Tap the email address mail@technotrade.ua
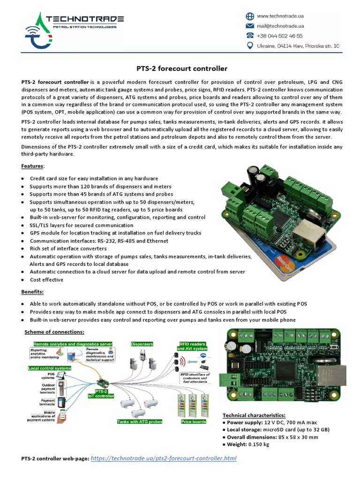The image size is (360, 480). click(x=280, y=26)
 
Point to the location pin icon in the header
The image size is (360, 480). click(x=250, y=45)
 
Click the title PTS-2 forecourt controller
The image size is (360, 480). click(x=182, y=68)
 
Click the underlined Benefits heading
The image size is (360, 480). click(x=32, y=292)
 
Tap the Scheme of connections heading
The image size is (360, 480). click(x=54, y=332)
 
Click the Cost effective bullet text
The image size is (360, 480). click(x=46, y=280)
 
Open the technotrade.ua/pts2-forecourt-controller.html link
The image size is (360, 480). click(x=163, y=458)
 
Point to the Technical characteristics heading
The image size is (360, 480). click(x=254, y=415)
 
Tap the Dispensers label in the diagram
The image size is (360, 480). click(x=142, y=345)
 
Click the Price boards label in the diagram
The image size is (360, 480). click(x=194, y=422)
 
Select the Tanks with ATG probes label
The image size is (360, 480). click(x=140, y=422)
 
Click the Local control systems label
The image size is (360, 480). click(x=49, y=368)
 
